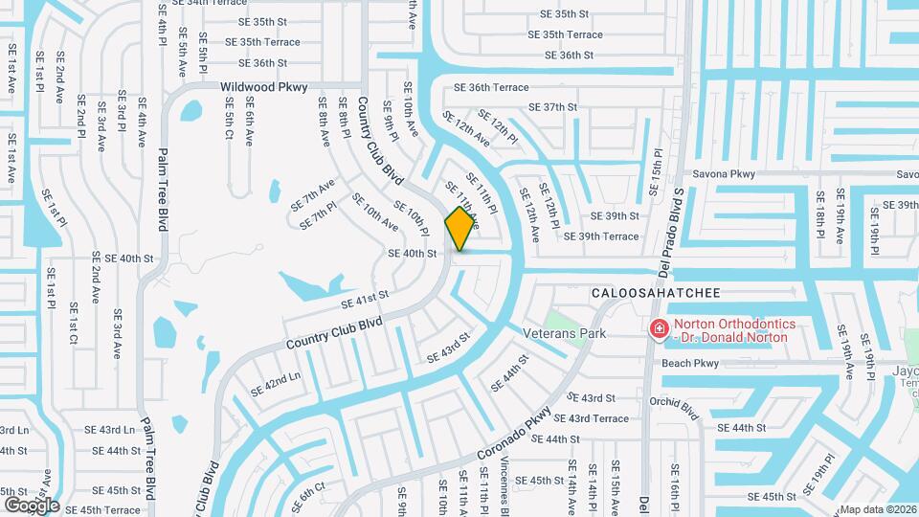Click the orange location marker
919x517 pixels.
tap(459, 228)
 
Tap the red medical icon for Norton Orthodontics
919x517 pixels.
tap(659, 330)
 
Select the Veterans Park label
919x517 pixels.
tap(565, 333)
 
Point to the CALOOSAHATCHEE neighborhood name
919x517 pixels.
tap(655, 292)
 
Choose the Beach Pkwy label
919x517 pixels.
tap(689, 363)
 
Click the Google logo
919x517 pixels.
tap(32, 505)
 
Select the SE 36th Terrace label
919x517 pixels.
tap(490, 87)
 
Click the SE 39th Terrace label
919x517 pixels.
tap(601, 236)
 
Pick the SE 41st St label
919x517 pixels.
tap(364, 302)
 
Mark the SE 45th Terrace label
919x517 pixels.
tap(102, 510)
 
